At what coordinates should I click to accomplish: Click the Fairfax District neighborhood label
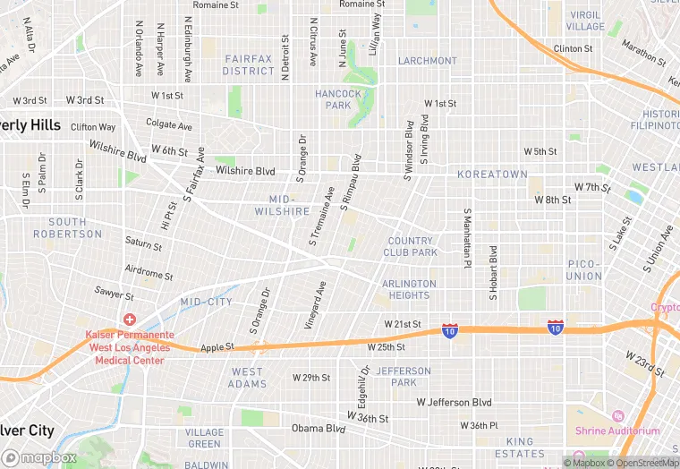tap(249, 64)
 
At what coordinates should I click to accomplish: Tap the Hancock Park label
tap(338, 99)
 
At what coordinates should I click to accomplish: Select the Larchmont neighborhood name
tap(428, 61)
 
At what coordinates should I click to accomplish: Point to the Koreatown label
tap(492, 175)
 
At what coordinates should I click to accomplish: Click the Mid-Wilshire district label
tap(289, 205)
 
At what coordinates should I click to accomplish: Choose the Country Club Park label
tap(412, 246)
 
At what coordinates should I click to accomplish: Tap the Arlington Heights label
tap(409, 289)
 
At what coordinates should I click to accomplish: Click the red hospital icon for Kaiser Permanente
tap(131, 320)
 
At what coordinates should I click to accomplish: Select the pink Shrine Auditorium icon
tap(616, 416)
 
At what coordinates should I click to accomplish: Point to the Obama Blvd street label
tap(319, 429)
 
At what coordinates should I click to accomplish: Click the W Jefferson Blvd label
tap(455, 403)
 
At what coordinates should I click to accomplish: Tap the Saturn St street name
tap(143, 243)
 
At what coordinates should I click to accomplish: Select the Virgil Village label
tap(585, 21)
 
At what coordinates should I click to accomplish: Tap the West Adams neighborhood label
tap(248, 378)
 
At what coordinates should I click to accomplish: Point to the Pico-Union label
tap(584, 270)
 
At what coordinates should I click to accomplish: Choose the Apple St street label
tap(217, 347)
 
